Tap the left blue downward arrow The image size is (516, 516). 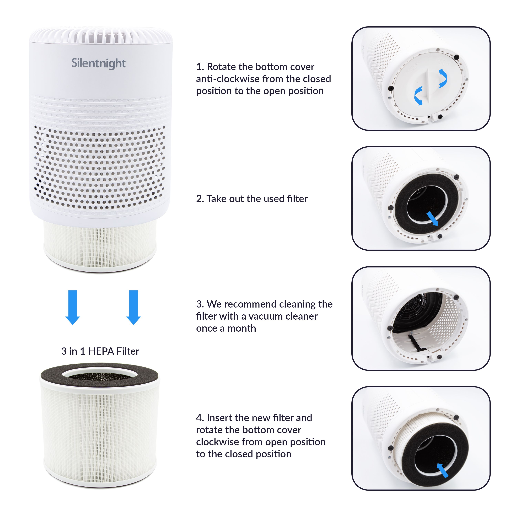click(73, 307)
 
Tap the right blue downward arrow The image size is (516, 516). click(133, 307)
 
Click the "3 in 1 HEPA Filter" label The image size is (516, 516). click(100, 351)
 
